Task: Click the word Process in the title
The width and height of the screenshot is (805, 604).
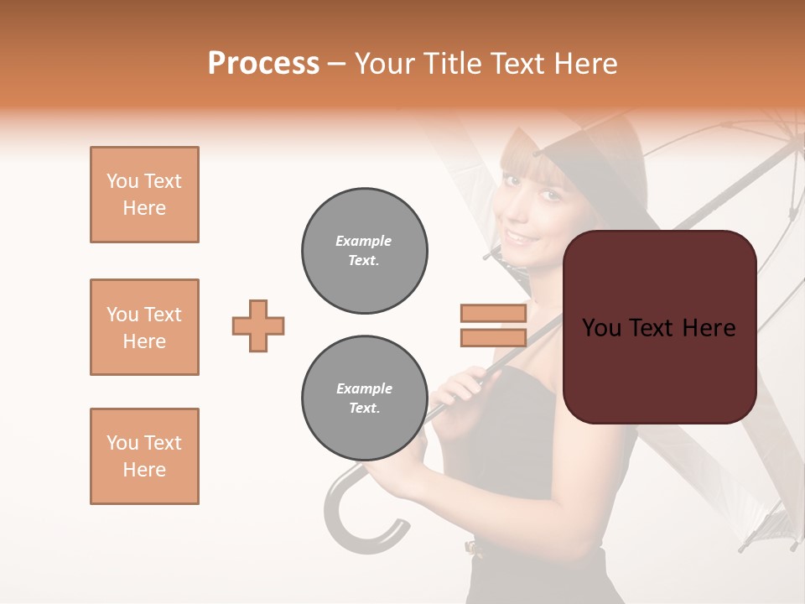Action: click(263, 64)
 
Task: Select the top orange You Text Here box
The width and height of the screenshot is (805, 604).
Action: click(144, 195)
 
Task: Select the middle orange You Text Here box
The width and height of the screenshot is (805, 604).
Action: click(144, 327)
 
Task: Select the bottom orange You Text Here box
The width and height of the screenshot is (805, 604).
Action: click(144, 456)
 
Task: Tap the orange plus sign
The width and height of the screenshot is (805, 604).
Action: click(258, 325)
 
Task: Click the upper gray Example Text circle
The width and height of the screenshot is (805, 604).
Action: click(364, 250)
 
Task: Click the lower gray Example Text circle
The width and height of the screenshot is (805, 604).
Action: click(364, 398)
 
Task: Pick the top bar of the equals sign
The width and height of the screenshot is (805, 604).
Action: click(493, 313)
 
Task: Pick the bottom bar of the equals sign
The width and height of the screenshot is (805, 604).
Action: click(493, 337)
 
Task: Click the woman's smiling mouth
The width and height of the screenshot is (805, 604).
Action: click(522, 237)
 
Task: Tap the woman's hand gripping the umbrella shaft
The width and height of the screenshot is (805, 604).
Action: click(460, 388)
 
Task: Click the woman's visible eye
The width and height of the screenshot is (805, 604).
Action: click(549, 195)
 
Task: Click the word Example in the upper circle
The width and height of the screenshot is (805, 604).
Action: click(364, 241)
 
